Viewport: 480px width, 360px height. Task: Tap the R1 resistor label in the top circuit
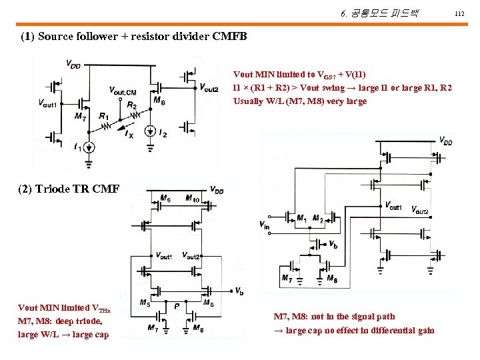tap(103, 117)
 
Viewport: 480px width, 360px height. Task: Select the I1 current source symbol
tap(90, 147)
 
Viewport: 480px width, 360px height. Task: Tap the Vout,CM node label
tap(123, 91)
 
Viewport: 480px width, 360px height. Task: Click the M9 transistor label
tap(165, 199)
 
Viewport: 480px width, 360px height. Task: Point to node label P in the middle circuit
tap(176, 305)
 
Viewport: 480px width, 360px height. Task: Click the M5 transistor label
tap(145, 302)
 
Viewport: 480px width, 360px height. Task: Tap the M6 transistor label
tap(208, 302)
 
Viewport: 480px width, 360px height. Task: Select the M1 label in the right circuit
tap(301, 218)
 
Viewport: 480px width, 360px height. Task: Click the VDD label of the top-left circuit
tap(73, 63)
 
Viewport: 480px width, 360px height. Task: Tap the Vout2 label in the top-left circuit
tap(209, 88)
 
